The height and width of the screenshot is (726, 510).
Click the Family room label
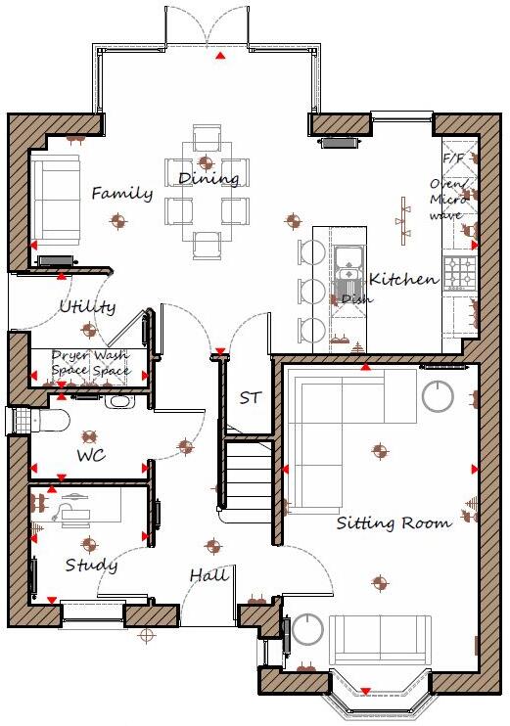pyautogui.click(x=121, y=194)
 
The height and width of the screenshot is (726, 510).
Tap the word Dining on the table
pyautogui.click(x=209, y=178)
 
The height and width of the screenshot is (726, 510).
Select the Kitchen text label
pyautogui.click(x=403, y=279)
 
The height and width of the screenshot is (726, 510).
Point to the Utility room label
pyautogui.click(x=86, y=307)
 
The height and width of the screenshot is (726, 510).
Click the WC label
pyautogui.click(x=91, y=456)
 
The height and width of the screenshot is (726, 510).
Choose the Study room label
pyautogui.click(x=91, y=566)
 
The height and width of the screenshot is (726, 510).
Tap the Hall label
pyautogui.click(x=209, y=574)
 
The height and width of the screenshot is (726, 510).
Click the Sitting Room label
pyautogui.click(x=394, y=523)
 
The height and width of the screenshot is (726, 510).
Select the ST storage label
pyautogui.click(x=251, y=398)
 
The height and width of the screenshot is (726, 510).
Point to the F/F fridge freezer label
pyautogui.click(x=454, y=158)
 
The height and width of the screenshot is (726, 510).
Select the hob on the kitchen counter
pyautogui.click(x=460, y=273)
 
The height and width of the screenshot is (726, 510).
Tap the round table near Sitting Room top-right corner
pyautogui.click(x=438, y=396)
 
